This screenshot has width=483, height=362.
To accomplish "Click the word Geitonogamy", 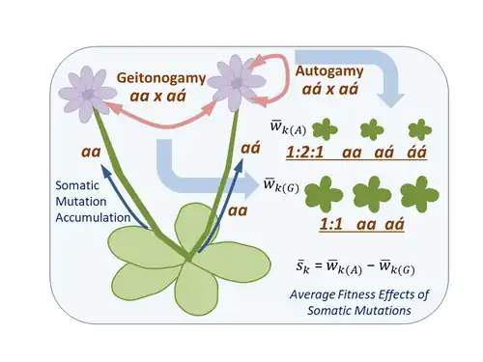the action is point(161,78).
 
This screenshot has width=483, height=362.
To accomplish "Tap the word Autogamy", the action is point(329,71).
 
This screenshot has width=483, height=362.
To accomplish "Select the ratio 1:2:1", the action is point(304,152).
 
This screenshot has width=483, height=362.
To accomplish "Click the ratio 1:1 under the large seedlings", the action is point(331,224).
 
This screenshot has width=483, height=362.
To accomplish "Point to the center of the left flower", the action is point(88,95).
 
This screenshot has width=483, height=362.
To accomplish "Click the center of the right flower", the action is point(237,83).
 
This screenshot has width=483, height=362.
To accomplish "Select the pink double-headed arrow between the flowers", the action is point(161,123).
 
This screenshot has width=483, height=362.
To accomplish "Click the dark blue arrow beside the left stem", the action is point(124,196).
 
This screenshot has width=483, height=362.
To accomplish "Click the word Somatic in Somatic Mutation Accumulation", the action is point(77,185).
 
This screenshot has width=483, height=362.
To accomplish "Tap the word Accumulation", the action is point(93,218).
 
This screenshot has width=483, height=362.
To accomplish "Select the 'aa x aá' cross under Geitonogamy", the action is point(157,96).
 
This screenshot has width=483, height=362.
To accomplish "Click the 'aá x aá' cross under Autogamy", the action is point(330,89).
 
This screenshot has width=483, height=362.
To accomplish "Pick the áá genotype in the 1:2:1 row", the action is point(416,152).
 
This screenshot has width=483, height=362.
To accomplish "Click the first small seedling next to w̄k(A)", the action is point(325,129).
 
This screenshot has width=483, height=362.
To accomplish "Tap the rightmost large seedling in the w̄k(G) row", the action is point(419,194).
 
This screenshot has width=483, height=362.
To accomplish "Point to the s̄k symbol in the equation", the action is point(302,267).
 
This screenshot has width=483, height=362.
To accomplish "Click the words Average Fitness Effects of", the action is point(359,294).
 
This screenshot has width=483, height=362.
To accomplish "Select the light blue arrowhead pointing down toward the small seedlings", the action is point(391,100).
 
